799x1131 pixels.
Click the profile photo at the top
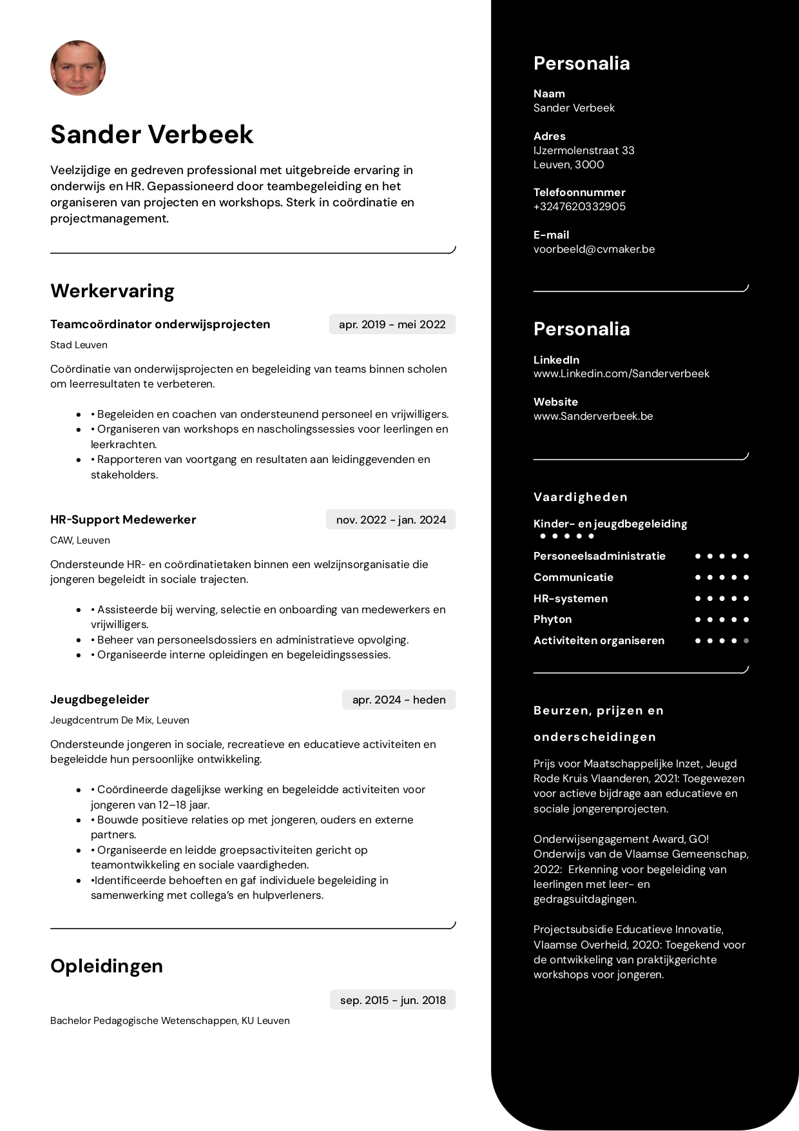[78, 68]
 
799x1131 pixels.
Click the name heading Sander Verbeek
[152, 134]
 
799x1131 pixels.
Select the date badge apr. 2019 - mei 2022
[392, 324]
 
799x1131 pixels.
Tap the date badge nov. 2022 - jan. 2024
[390, 520]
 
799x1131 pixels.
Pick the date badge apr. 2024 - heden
[398, 700]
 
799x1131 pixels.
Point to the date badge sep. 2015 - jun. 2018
[392, 1000]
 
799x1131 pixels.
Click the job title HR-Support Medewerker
[123, 520]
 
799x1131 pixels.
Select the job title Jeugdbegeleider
[100, 700]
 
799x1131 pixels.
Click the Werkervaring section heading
[113, 291]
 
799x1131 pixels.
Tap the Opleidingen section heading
[107, 966]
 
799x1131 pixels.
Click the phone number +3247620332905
[579, 206]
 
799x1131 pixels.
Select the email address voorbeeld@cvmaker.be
[594, 249]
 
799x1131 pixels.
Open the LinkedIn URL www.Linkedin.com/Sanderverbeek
[621, 373]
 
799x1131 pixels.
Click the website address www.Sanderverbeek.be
[593, 416]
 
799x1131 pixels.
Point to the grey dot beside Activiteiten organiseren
[746, 641]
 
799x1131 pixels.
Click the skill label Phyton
[552, 619]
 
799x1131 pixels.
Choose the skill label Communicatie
[573, 577]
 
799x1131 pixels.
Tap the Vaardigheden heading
[580, 497]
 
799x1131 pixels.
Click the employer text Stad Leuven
[79, 345]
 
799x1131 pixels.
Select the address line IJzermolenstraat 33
[584, 150]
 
